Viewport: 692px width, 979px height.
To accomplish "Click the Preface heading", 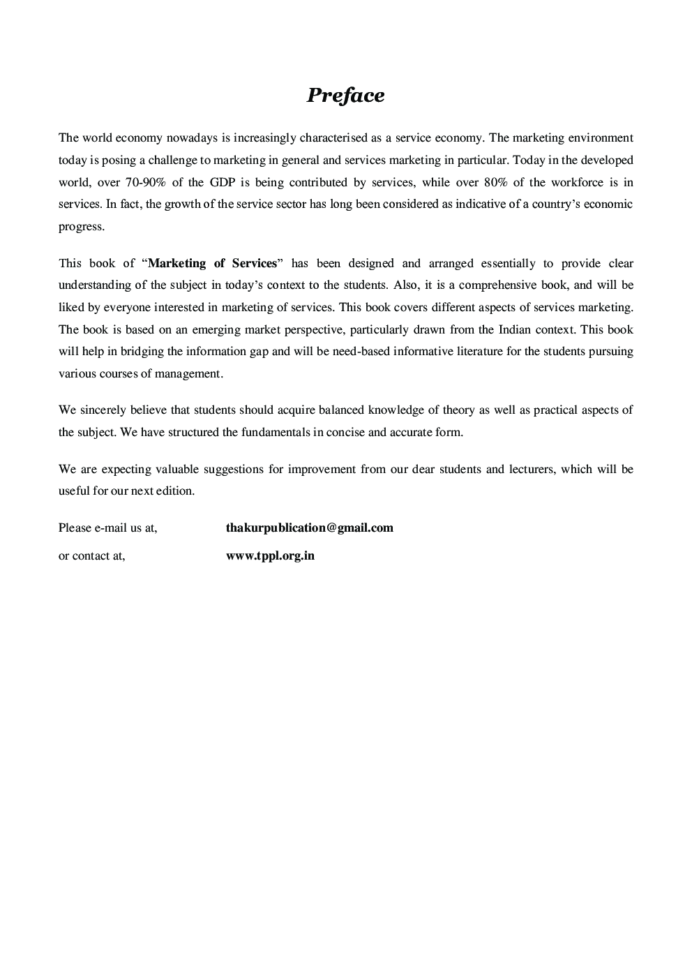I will pyautogui.click(x=345, y=96).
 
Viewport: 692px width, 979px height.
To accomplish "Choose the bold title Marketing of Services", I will pyautogui.click(x=213, y=263).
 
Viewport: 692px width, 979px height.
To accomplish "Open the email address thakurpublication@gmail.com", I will pyautogui.click(x=309, y=528).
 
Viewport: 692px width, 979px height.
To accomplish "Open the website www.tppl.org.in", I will pyautogui.click(x=270, y=556).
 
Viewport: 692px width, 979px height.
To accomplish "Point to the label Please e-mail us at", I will pyautogui.click(x=107, y=528).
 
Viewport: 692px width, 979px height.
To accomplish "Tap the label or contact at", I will pyautogui.click(x=91, y=556).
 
